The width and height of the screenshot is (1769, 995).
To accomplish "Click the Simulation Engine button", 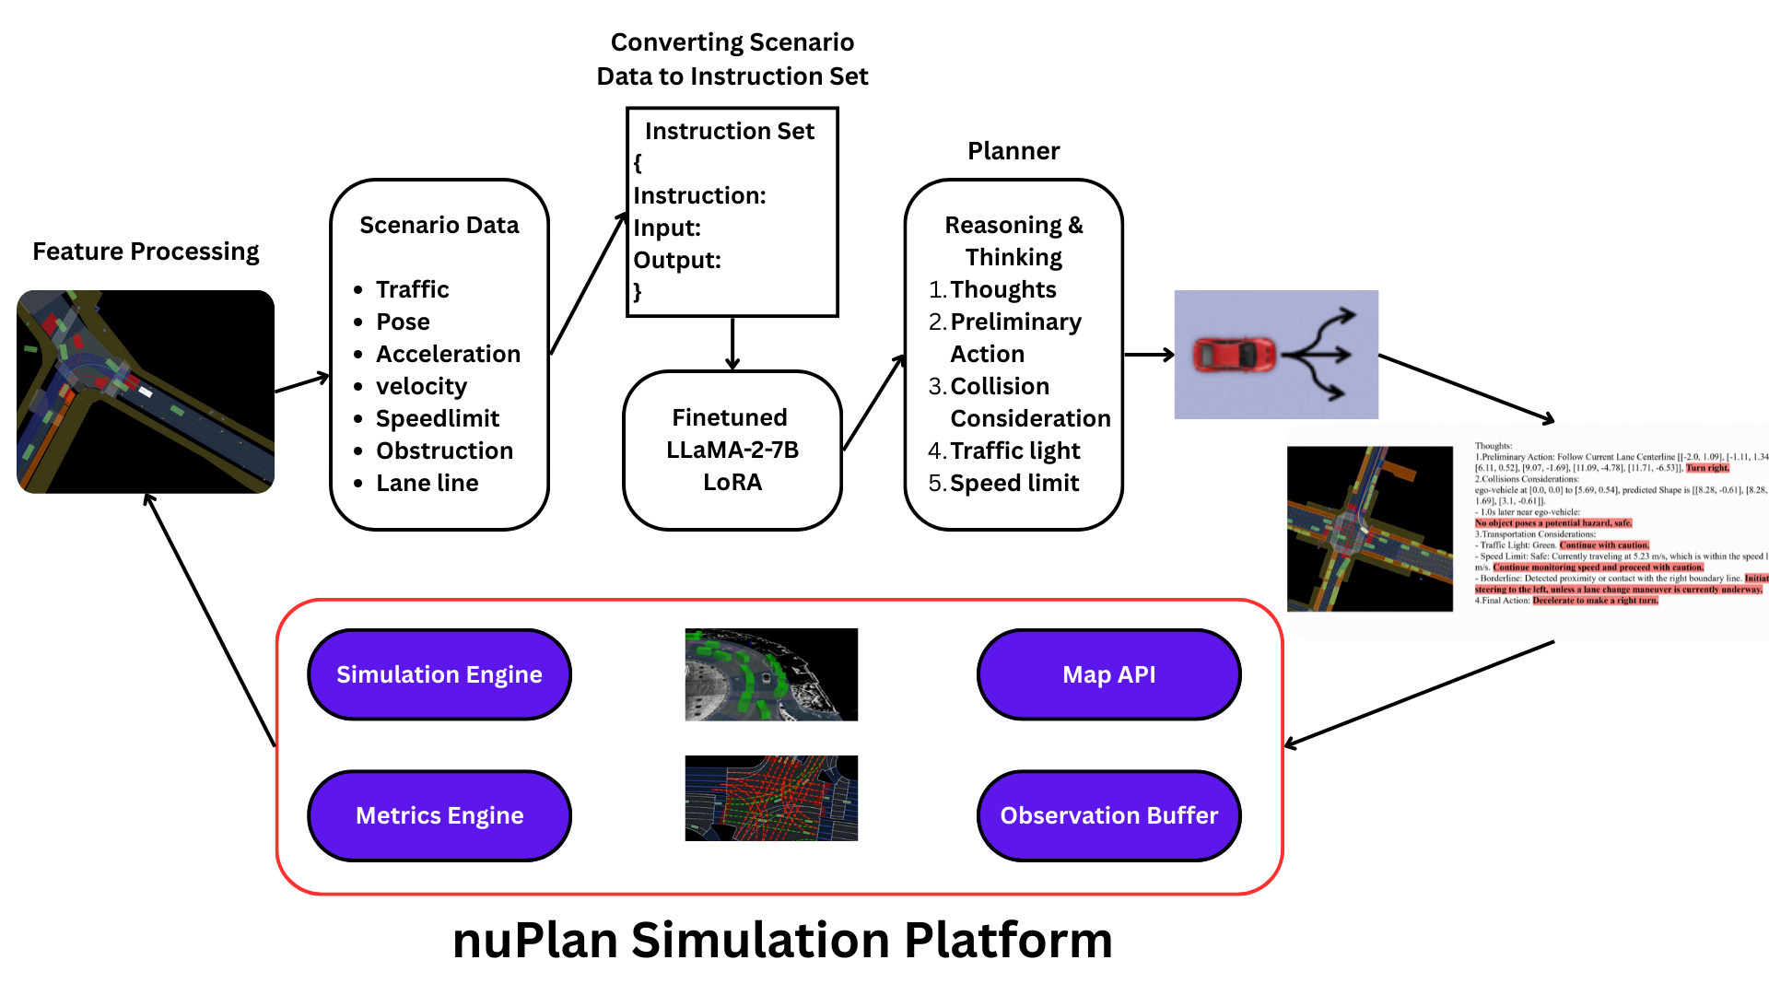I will pyautogui.click(x=439, y=674).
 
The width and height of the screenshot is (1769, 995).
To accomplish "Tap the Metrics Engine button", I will pyautogui.click(x=439, y=815).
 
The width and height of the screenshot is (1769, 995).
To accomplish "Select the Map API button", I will pyautogui.click(x=1108, y=674).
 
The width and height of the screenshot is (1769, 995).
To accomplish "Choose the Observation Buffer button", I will pyautogui.click(x=1108, y=815).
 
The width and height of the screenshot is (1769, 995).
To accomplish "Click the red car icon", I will pyautogui.click(x=1234, y=355).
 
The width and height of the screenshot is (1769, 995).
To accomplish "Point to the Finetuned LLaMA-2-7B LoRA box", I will pyautogui.click(x=732, y=450).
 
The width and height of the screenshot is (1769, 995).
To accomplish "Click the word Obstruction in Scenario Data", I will pyautogui.click(x=444, y=451).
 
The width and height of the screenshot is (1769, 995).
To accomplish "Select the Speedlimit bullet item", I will pyautogui.click(x=437, y=418).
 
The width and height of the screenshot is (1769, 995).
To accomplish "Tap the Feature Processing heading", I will pyautogui.click(x=146, y=252).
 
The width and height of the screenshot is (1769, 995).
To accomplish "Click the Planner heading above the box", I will pyautogui.click(x=1013, y=151).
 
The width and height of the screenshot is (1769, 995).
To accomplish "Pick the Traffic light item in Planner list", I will pyautogui.click(x=1014, y=451).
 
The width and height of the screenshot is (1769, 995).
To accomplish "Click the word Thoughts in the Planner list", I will pyautogui.click(x=1002, y=289).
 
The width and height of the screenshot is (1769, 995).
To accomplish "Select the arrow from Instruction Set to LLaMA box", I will pyautogui.click(x=732, y=344).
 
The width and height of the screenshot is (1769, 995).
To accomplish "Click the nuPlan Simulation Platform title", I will pyautogui.click(x=782, y=941).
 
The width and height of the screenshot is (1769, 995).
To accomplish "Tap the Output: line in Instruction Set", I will pyautogui.click(x=677, y=260).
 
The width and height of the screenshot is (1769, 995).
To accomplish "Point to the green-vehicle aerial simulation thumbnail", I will pyautogui.click(x=771, y=674).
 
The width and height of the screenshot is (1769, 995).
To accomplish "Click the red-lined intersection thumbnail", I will pyautogui.click(x=771, y=798).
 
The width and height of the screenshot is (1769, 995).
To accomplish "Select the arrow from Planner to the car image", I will pyautogui.click(x=1148, y=355).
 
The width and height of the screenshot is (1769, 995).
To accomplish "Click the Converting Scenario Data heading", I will pyautogui.click(x=732, y=59).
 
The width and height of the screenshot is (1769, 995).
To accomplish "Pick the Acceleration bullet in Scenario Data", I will pyautogui.click(x=448, y=354).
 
